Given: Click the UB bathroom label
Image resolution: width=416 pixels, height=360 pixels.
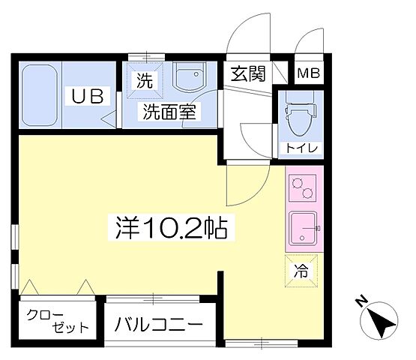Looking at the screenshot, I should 91,96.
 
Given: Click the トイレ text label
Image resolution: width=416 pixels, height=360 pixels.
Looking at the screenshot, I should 300,148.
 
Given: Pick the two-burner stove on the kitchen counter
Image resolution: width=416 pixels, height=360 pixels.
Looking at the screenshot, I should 303,187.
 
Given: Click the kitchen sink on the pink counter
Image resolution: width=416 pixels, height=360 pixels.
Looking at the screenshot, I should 303,228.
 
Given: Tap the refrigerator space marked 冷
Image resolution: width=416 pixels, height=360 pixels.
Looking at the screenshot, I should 301,271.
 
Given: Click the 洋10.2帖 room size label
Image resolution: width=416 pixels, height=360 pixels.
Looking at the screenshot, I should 172,226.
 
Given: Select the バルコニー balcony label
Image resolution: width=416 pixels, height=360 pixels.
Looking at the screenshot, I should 159,326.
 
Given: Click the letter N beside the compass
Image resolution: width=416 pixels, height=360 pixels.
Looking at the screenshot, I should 360,303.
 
